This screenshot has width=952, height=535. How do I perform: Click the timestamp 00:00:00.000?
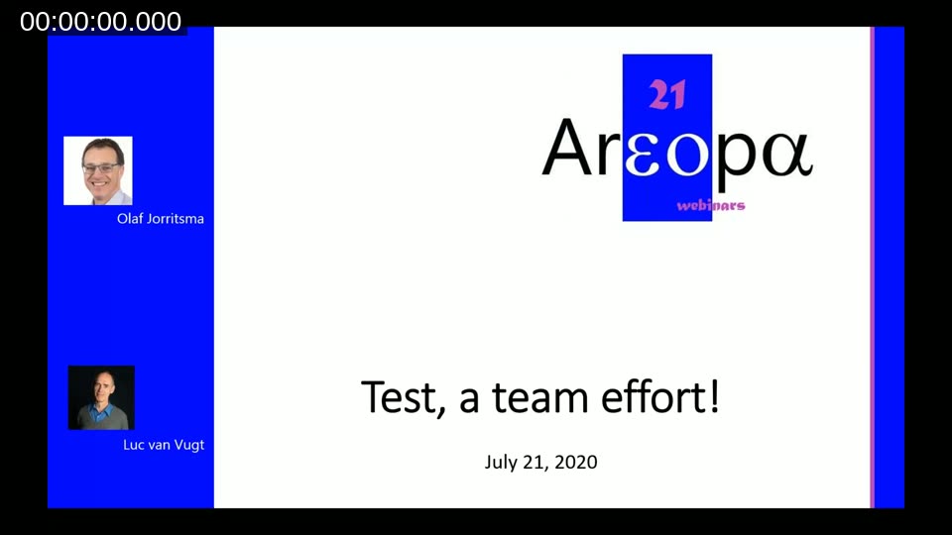tap(101, 22)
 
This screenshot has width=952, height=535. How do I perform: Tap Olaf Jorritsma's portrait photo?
tap(98, 170)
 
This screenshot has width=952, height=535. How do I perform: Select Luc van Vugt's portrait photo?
tap(101, 397)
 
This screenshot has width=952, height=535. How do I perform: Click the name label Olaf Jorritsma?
tap(161, 218)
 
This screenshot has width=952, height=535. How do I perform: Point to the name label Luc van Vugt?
tap(164, 445)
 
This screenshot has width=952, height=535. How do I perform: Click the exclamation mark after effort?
tap(713, 397)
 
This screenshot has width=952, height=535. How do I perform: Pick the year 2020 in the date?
tap(576, 462)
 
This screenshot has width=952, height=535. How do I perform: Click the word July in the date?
tap(501, 463)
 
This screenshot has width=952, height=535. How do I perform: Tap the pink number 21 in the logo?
tap(666, 95)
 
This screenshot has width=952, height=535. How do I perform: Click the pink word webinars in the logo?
tap(710, 206)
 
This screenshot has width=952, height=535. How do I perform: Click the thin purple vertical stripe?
tap(872, 267)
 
